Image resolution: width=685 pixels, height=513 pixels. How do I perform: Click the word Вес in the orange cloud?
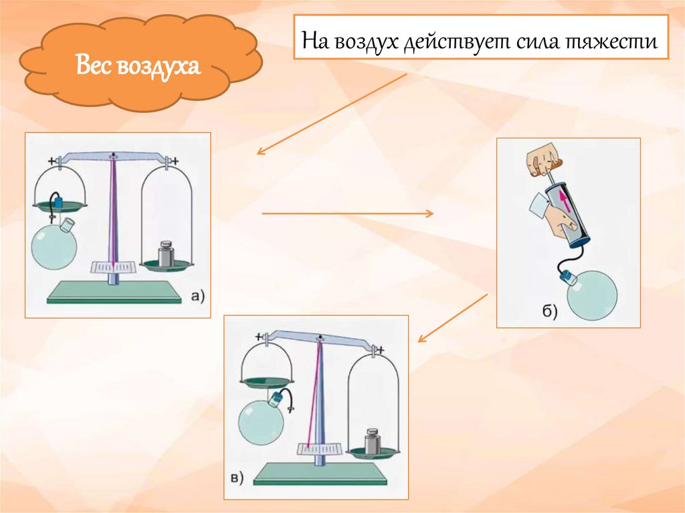point(93,64)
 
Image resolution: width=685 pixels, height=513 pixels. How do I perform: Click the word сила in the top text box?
point(538,42)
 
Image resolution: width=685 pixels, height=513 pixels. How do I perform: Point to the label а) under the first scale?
point(198,296)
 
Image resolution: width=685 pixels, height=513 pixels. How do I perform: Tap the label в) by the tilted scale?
point(237,478)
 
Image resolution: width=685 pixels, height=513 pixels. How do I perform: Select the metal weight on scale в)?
point(373,441)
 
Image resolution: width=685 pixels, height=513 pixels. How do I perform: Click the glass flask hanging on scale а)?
point(54,245)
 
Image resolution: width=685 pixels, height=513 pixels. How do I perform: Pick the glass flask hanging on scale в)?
point(262,419)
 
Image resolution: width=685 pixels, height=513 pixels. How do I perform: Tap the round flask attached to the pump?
point(591,294)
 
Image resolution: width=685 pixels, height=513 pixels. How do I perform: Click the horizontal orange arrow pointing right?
point(348,213)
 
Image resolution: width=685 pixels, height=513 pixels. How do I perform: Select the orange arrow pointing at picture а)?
point(332,114)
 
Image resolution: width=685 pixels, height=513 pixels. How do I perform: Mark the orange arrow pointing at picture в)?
point(453,318)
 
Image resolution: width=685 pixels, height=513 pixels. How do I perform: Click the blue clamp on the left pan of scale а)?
point(59,202)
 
